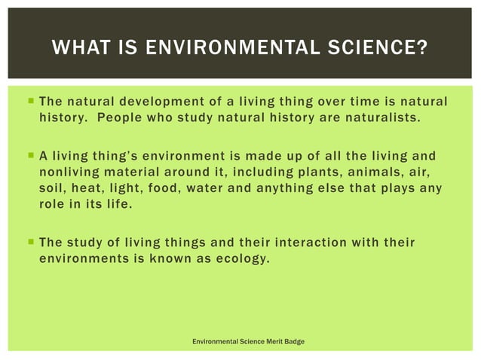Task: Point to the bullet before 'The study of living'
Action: tap(29, 243)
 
